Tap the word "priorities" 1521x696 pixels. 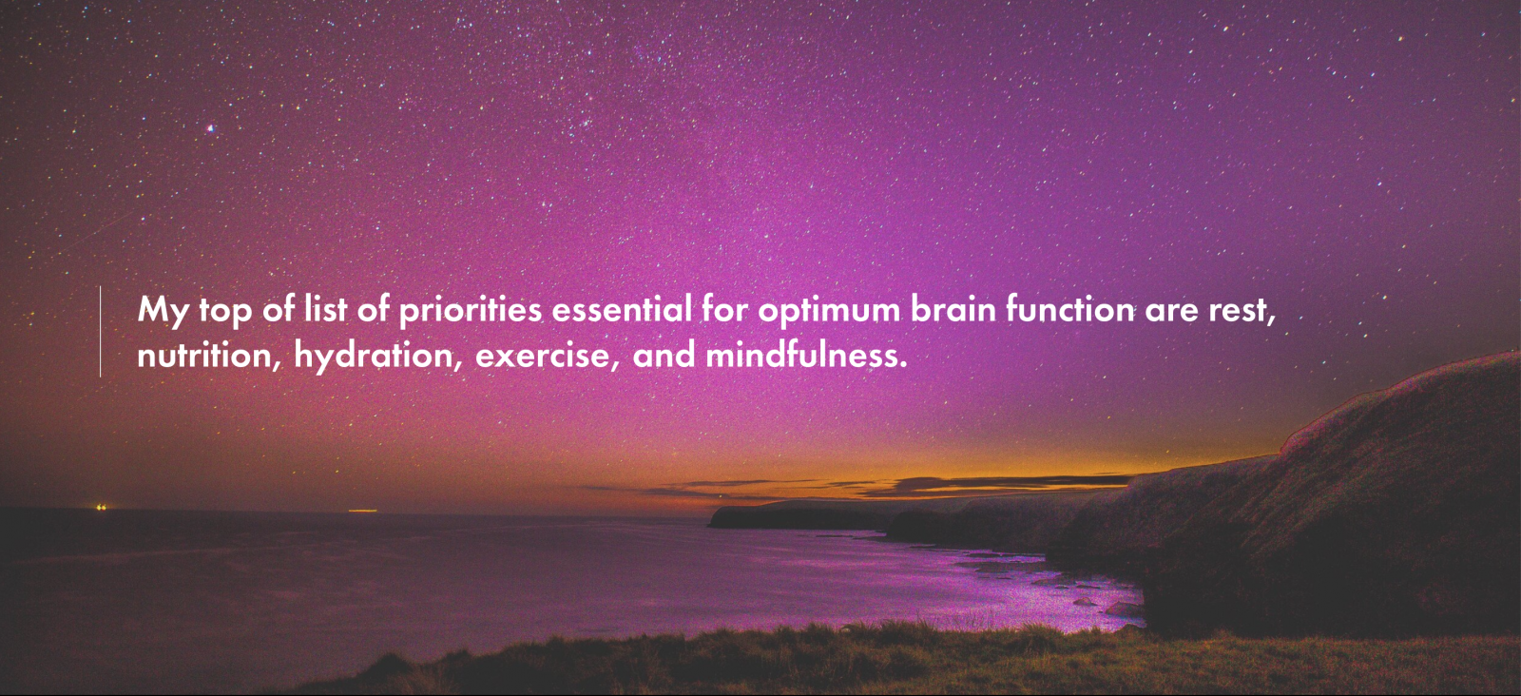click(470, 310)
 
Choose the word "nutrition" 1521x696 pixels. click(204, 355)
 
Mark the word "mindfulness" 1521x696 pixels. click(802, 355)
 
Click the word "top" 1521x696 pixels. click(225, 313)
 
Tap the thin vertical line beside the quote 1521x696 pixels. click(101, 332)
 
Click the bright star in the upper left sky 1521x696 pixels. click(210, 128)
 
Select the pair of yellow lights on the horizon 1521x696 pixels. click(101, 507)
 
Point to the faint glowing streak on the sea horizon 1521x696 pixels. click(362, 511)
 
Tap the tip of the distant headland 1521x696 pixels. click(710, 524)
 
